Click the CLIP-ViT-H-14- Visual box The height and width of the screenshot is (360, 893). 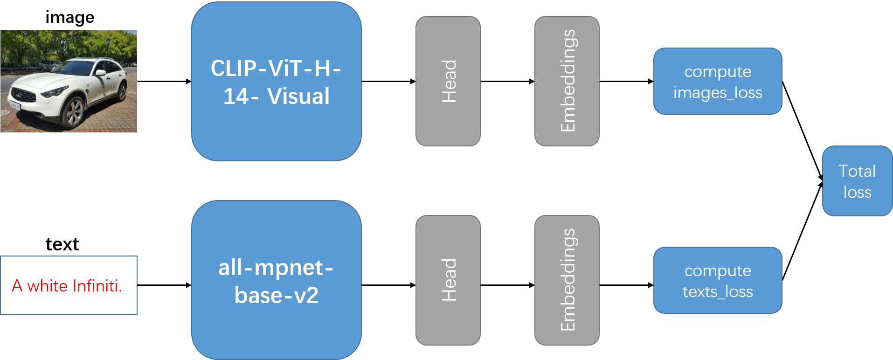(x=276, y=82)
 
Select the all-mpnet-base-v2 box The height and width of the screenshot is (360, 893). (x=276, y=280)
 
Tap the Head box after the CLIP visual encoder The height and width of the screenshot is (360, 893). (x=448, y=81)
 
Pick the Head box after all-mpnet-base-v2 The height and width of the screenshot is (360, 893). (x=448, y=280)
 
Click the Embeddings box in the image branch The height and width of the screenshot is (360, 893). (x=567, y=81)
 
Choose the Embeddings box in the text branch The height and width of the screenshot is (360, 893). (x=567, y=280)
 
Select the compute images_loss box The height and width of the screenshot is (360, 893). (x=717, y=81)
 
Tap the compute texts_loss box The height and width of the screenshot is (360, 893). (x=717, y=280)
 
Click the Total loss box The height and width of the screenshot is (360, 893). (x=857, y=181)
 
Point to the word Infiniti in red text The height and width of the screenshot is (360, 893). (x=97, y=286)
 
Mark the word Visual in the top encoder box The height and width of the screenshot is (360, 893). (x=298, y=97)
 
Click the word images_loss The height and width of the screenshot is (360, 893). (x=717, y=92)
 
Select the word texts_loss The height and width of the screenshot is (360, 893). (x=717, y=291)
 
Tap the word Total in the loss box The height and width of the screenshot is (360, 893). (x=857, y=171)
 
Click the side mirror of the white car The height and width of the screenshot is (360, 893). (x=100, y=73)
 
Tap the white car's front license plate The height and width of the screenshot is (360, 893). (x=15, y=105)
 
